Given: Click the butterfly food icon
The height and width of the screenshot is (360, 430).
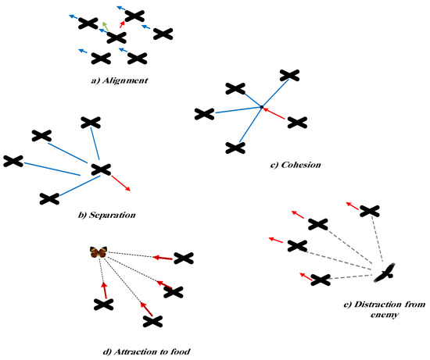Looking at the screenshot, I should pos(99,251).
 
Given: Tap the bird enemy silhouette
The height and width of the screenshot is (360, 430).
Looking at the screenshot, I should pos(385,273).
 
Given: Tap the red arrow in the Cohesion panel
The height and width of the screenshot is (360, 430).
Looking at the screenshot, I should pos(275,114).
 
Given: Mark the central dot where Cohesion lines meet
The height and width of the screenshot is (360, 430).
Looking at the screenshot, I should pos(262,107).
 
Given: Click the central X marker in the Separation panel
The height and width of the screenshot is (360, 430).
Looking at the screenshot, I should pos(100,169).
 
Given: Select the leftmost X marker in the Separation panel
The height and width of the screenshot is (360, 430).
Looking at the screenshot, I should pos(13,161).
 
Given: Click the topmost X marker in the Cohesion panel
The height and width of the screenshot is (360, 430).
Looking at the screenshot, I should pos(289,75).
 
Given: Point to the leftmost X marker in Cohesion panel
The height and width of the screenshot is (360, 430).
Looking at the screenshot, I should pos(204,115).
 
